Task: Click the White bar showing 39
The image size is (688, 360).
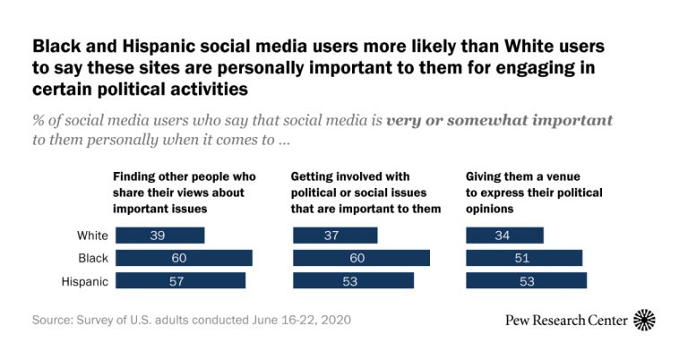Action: (160, 236)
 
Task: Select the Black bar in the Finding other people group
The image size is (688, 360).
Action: (184, 258)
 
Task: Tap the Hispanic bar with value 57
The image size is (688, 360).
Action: (180, 281)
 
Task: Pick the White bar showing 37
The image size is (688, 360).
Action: (336, 236)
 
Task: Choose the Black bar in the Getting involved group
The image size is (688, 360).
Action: (362, 258)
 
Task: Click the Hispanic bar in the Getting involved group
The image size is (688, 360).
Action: (354, 281)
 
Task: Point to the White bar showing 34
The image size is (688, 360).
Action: (505, 236)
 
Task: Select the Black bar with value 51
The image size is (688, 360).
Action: (524, 258)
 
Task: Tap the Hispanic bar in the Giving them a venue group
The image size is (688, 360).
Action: (527, 281)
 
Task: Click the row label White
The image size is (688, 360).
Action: (93, 236)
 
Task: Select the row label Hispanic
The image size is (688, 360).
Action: (86, 281)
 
